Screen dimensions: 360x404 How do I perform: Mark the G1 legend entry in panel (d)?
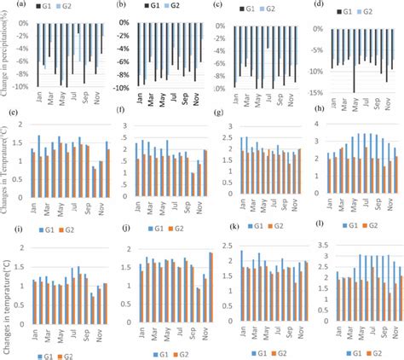pos(357,9)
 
